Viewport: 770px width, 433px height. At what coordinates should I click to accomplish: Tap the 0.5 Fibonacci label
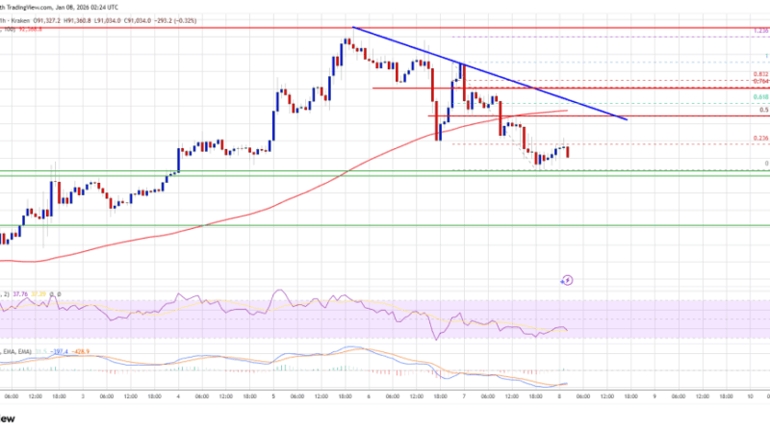[x=762, y=110]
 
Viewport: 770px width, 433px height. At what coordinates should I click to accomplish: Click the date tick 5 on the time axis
[x=274, y=395]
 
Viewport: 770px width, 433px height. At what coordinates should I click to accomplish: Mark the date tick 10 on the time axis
[x=751, y=395]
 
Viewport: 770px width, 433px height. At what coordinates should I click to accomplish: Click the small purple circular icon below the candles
[x=567, y=281]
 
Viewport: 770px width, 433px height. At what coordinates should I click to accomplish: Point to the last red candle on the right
[x=567, y=152]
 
